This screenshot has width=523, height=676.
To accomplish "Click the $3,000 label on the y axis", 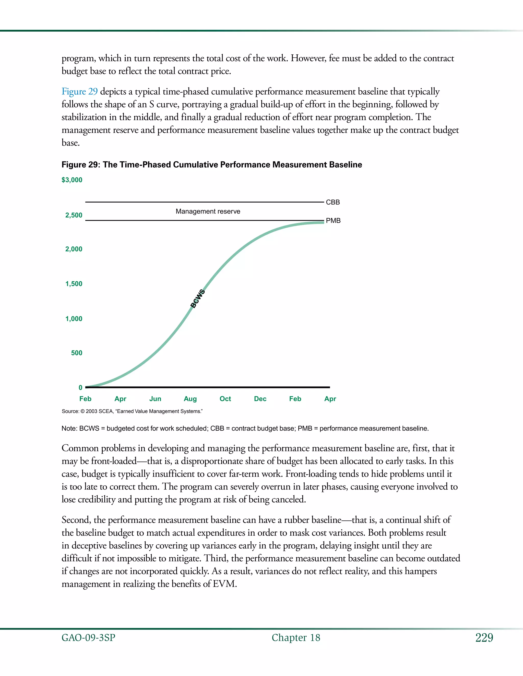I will tap(72, 180).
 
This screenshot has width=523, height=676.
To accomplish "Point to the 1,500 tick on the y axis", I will tap(74, 284).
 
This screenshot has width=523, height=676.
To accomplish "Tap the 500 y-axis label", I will tap(77, 353).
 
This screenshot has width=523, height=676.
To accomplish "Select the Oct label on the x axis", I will tap(225, 399).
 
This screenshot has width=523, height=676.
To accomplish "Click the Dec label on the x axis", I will tap(260, 399).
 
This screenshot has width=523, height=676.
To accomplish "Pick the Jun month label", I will tap(155, 399).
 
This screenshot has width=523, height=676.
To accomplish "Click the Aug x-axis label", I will tap(190, 399).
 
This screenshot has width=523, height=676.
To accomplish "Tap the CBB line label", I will tap(333, 202).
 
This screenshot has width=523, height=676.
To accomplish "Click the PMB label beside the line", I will tap(333, 221).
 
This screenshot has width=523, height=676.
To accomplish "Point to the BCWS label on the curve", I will tap(197, 299).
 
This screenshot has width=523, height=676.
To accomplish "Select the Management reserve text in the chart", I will tap(208, 211).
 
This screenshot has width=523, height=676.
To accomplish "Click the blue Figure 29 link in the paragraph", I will tap(80, 92).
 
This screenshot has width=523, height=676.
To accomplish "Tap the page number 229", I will tap(484, 638).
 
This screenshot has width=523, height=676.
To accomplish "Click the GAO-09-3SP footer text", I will tap(88, 638).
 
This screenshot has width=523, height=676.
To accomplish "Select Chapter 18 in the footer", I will tap(296, 638).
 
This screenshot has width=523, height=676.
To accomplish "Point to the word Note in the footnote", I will tap(69, 429).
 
